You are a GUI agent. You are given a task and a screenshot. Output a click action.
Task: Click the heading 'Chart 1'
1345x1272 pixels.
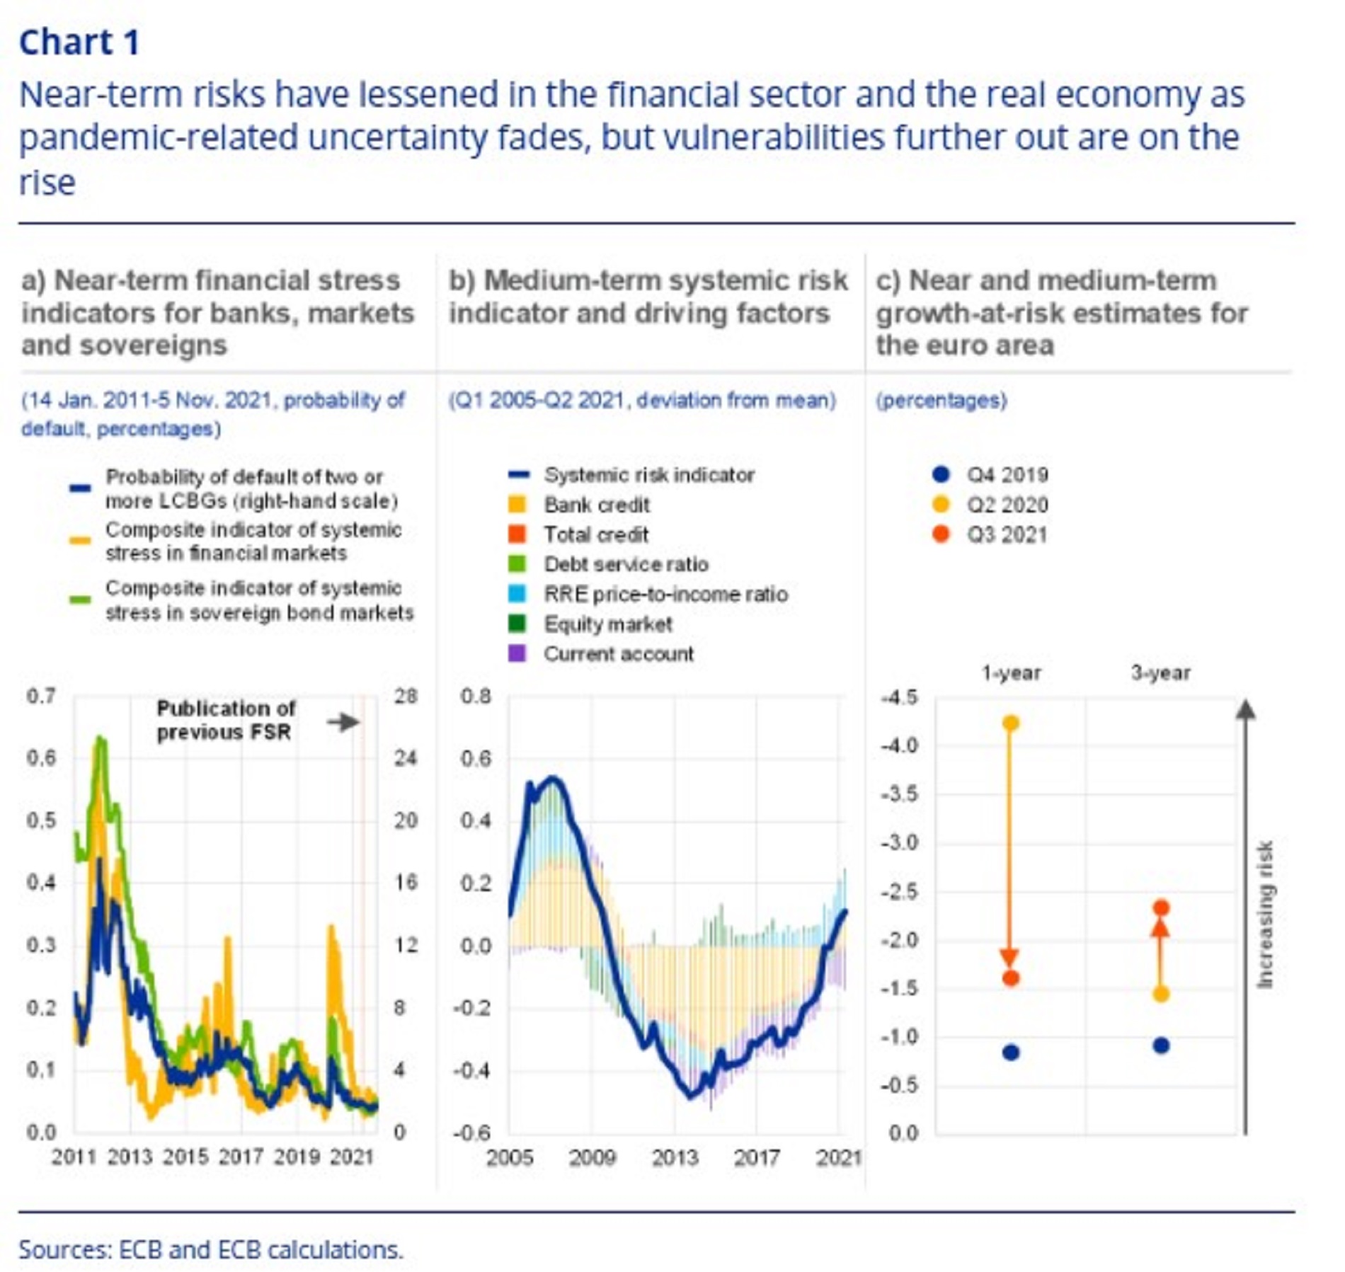click(x=79, y=42)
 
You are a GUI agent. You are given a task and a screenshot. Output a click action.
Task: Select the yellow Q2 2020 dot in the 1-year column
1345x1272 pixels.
click(x=1011, y=723)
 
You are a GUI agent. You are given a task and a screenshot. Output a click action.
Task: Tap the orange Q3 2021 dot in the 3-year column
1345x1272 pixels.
click(x=1160, y=907)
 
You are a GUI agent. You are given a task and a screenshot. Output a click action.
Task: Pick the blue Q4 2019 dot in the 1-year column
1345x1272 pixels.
click(x=1011, y=1053)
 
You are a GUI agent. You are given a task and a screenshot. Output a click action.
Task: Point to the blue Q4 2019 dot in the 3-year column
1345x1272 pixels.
click(x=1160, y=1045)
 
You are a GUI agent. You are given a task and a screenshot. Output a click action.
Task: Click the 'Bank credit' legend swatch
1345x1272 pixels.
click(x=517, y=505)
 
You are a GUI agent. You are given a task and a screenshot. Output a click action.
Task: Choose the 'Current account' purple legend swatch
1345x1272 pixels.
click(x=517, y=653)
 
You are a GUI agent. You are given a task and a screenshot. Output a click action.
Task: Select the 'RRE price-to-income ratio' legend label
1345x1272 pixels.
click(x=665, y=594)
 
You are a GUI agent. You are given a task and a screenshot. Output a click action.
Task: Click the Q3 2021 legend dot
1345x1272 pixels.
click(x=941, y=534)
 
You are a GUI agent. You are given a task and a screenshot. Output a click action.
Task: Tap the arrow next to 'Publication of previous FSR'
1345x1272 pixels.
click(x=344, y=722)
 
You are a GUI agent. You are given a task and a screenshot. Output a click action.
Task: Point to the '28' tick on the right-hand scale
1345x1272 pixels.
click(x=406, y=697)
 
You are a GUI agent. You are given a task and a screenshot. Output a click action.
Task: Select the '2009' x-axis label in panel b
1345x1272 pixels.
click(x=592, y=1157)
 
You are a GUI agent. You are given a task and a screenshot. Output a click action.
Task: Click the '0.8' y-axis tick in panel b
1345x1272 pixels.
click(x=475, y=697)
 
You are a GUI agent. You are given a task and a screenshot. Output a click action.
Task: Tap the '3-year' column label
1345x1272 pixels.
click(x=1160, y=672)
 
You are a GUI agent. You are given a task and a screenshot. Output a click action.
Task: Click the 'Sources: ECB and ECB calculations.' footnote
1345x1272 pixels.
click(x=211, y=1249)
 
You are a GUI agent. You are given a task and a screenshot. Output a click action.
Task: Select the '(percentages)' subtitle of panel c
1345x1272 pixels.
click(x=941, y=401)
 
